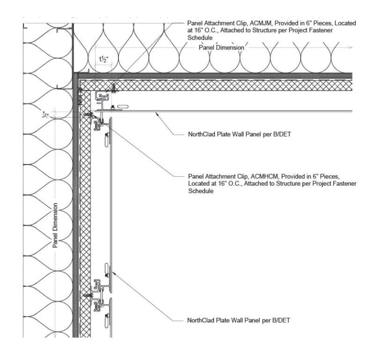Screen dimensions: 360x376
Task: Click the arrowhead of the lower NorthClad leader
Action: (112, 272)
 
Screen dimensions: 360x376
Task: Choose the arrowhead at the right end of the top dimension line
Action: (352, 47)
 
